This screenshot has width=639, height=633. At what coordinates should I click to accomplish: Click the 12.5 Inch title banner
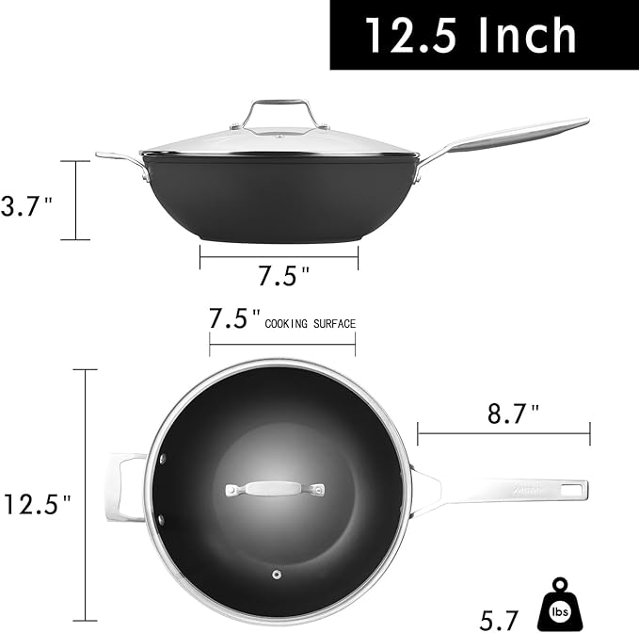(484, 35)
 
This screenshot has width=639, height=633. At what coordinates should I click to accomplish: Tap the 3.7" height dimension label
(27, 206)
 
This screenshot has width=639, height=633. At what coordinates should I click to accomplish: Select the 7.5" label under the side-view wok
(284, 275)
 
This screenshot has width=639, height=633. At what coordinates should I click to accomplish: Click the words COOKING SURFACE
(311, 324)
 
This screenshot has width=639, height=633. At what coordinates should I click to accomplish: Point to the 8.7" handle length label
(514, 414)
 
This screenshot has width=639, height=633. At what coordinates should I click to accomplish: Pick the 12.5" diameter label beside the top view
(38, 504)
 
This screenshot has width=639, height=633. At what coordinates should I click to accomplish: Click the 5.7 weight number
(499, 621)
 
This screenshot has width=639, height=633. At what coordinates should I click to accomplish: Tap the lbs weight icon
(560, 606)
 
